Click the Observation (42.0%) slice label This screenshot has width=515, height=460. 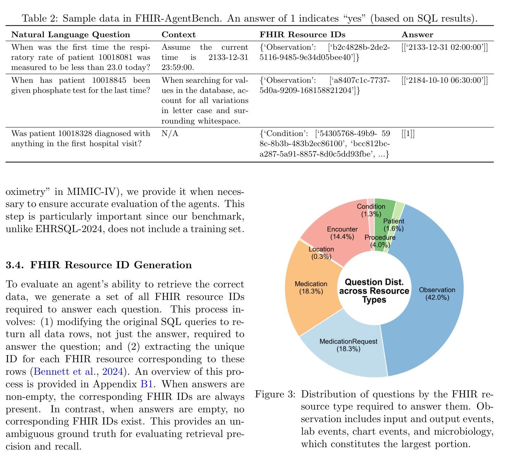coord(437,294)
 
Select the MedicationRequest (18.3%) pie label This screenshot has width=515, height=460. coord(348,345)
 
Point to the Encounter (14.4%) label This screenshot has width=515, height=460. coord(342,233)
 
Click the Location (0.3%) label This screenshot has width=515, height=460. coord(321,253)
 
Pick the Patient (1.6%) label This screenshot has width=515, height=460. coord(394,225)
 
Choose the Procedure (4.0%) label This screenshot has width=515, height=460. coord(380,241)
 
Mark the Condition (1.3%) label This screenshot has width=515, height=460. coord(371,210)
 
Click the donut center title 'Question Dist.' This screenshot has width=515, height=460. coord(374,282)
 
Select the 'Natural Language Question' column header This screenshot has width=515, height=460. coord(71,34)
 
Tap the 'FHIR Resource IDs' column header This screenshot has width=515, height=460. coord(303,34)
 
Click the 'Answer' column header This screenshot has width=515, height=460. coord(417,34)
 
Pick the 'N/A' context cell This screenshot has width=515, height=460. coord(170,134)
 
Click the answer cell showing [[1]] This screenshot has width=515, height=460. coord(408,134)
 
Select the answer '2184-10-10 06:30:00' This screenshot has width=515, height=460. coord(444,80)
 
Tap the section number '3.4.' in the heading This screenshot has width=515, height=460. coord(15,265)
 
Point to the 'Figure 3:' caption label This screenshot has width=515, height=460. coord(275,394)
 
